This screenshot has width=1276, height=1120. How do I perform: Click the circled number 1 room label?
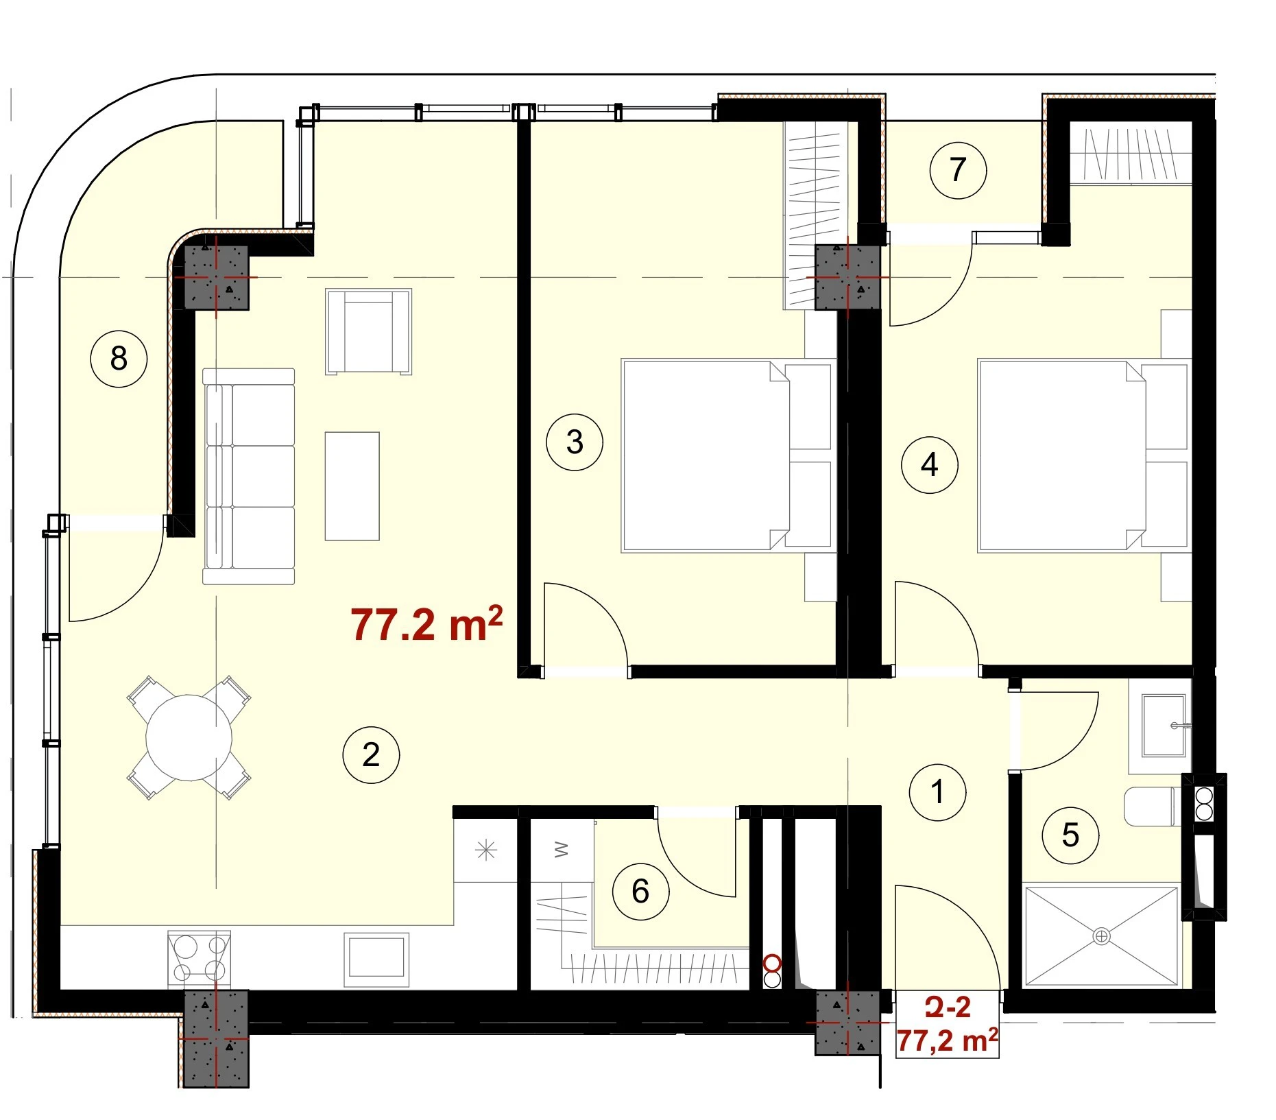[937, 791]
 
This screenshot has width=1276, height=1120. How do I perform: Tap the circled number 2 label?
[371, 754]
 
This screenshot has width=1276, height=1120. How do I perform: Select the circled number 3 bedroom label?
[575, 442]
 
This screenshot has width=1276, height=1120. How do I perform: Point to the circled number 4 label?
[929, 464]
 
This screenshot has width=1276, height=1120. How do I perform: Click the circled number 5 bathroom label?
[1070, 835]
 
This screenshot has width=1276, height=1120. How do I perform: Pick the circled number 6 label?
[640, 891]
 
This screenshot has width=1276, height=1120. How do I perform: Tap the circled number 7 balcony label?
[958, 169]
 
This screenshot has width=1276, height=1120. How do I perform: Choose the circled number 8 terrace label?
[119, 358]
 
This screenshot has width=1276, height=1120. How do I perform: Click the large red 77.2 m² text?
[426, 623]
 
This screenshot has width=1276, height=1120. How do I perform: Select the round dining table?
[189, 737]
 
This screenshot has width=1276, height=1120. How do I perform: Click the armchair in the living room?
[369, 331]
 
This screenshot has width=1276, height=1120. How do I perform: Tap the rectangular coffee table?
[352, 486]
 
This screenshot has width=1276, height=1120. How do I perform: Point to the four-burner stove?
[200, 959]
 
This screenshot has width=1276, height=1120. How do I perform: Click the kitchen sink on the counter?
[376, 957]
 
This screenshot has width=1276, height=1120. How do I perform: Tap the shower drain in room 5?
[1101, 936]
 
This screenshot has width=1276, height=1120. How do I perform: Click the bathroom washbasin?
[1164, 725]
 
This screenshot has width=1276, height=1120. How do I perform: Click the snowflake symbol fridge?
[485, 850]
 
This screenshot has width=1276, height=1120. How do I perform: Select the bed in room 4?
[1083, 455]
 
